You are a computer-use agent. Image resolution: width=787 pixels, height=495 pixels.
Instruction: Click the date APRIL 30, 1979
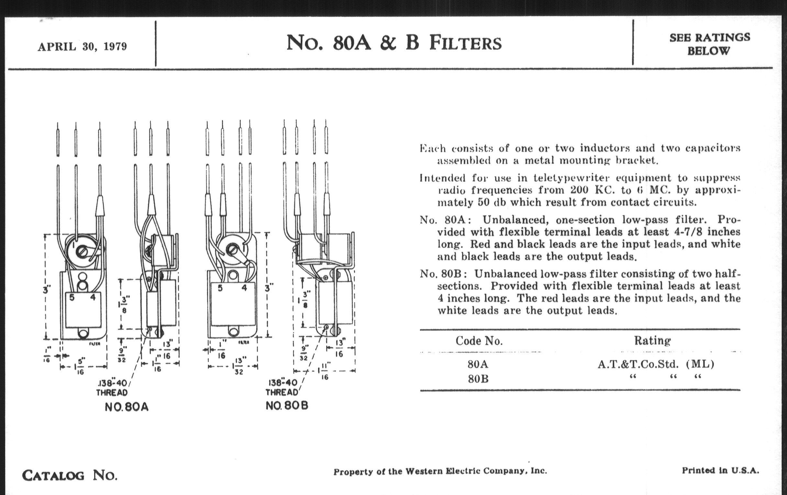(x=83, y=47)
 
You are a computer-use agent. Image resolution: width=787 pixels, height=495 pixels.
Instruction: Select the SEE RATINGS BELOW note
(x=710, y=44)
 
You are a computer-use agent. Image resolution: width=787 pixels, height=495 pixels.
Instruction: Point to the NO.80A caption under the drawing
(x=127, y=407)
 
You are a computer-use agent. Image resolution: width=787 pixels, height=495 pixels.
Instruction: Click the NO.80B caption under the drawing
(x=287, y=406)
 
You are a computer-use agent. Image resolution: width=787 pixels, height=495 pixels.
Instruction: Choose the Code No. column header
(x=479, y=341)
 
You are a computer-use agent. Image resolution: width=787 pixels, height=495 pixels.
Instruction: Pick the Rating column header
(x=652, y=340)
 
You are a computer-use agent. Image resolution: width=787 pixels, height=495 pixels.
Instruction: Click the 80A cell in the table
(x=478, y=364)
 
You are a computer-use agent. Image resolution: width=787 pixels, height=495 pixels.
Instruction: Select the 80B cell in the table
(x=478, y=379)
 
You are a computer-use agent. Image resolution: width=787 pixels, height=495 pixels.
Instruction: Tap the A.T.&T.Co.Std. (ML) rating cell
(x=656, y=364)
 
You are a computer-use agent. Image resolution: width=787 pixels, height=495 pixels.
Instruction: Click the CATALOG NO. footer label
(x=70, y=475)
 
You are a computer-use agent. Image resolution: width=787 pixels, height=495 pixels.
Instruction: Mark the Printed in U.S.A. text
(x=720, y=470)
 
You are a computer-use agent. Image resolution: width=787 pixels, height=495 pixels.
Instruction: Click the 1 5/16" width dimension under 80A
(x=80, y=366)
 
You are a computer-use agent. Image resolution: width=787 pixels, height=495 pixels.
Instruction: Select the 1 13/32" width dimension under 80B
(x=238, y=366)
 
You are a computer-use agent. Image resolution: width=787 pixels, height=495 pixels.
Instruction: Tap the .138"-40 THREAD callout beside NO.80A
(x=112, y=388)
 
